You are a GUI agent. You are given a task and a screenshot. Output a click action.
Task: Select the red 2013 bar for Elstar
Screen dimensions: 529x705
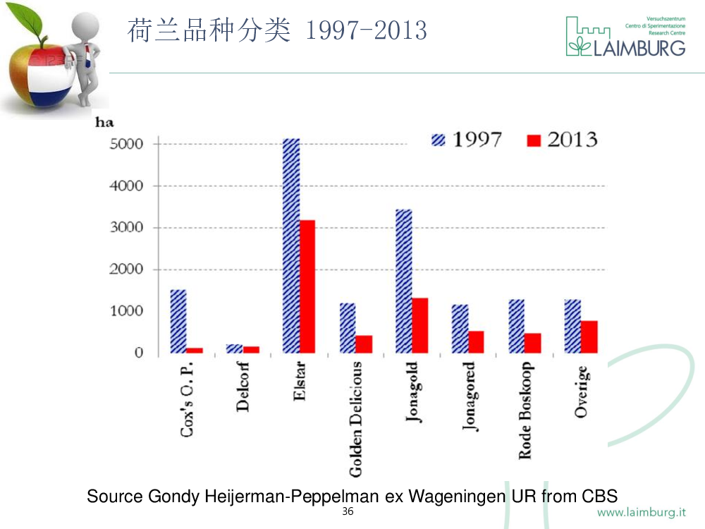coord(307,286)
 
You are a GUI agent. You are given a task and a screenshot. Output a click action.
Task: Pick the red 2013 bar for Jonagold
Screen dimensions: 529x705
coord(419,325)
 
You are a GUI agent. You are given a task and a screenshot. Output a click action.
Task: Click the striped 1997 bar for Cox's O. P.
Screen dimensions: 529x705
coord(178,321)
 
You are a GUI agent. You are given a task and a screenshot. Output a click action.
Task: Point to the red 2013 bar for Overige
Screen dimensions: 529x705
coord(589,336)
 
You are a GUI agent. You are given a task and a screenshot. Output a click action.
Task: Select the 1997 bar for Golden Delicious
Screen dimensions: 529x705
coord(347,328)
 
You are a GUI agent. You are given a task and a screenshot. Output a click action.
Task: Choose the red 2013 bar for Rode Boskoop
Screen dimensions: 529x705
coord(532,343)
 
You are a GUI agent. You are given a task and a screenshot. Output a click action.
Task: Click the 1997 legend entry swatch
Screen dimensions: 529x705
coord(439,140)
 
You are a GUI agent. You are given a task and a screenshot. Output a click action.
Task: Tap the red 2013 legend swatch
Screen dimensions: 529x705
coord(534,140)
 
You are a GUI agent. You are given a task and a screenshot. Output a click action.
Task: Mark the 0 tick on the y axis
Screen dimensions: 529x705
coord(139,353)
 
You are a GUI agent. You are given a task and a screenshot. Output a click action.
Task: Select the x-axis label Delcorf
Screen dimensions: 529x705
coord(243,387)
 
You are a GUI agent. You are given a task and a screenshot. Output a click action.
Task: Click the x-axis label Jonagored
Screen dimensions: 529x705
coord(469,396)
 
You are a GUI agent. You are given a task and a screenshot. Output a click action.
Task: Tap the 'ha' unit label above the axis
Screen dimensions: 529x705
coord(104,123)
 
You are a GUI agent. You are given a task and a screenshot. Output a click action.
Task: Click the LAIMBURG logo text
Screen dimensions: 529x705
coord(637,47)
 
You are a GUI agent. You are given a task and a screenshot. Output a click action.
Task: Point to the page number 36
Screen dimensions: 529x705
coord(348,511)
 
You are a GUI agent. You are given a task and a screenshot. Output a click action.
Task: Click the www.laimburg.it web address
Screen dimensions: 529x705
coord(646,512)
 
